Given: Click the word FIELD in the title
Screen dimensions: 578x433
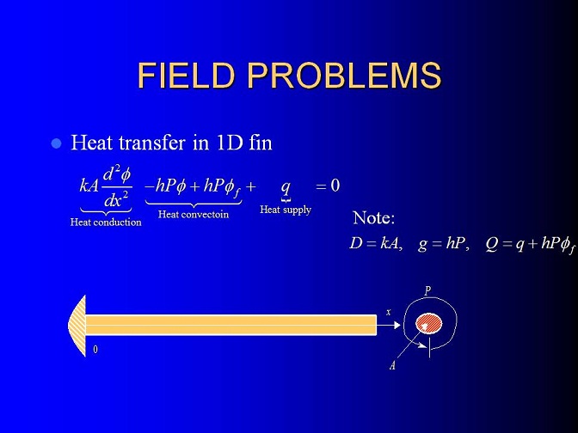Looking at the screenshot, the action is click(186, 76).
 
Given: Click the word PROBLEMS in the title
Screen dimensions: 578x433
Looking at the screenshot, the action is click(344, 76).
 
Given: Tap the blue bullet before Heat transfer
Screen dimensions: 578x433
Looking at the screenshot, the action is click(57, 143).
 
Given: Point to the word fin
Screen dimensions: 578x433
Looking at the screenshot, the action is click(261, 143).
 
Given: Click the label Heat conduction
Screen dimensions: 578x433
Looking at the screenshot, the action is click(106, 222).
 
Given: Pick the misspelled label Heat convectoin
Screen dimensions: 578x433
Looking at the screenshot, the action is click(194, 214).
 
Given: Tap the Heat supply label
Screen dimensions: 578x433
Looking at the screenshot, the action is click(286, 210).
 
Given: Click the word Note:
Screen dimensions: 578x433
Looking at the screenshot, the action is click(374, 217).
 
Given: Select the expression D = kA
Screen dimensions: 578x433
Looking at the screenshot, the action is click(375, 243).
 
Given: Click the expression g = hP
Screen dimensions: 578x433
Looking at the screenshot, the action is click(444, 244).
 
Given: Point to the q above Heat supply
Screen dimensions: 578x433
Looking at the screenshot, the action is click(286, 187).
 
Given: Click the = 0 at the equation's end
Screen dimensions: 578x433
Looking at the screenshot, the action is click(328, 186).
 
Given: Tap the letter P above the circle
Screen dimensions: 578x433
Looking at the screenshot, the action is click(427, 291).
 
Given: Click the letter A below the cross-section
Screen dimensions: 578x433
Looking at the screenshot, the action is click(392, 365).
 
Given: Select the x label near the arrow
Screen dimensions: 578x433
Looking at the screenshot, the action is click(388, 312).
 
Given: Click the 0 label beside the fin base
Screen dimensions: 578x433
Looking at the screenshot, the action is click(95, 350).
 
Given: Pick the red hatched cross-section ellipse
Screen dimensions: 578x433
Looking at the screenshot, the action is click(428, 324).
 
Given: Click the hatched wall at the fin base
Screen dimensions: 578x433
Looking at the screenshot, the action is click(77, 326).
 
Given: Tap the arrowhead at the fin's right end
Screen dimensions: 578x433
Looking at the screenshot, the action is click(397, 325).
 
